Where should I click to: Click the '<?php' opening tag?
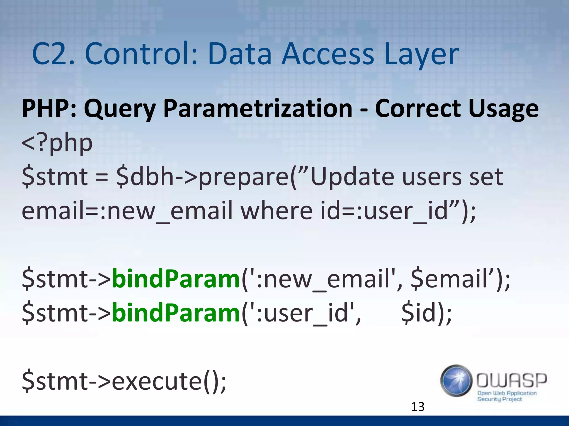(x=57, y=144)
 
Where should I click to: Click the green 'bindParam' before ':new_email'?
(x=176, y=279)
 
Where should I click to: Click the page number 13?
(x=418, y=407)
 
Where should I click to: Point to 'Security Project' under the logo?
(x=500, y=399)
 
